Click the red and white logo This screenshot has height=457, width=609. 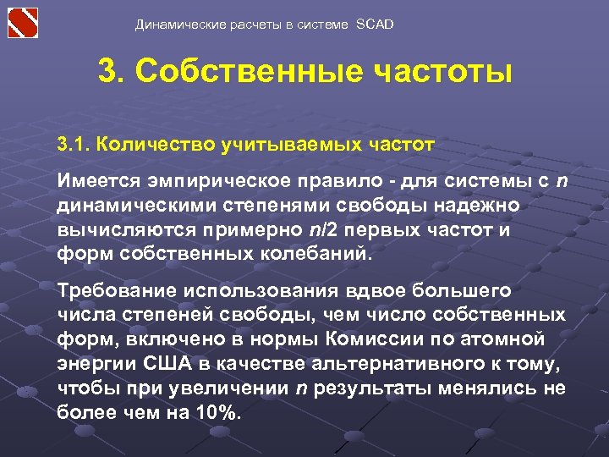(24, 21)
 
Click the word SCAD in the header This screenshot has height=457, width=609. (376, 25)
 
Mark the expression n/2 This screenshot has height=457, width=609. (309, 229)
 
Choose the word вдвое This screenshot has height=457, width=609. (375, 291)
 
